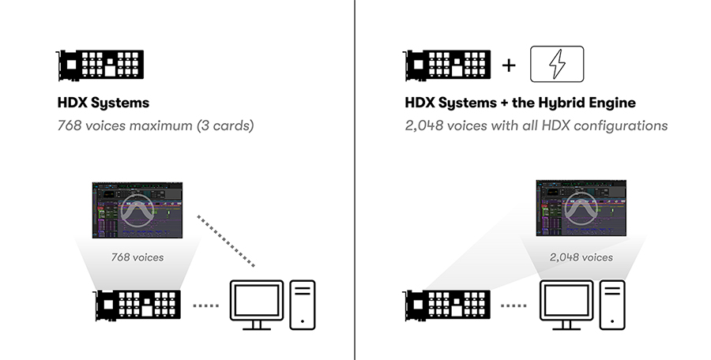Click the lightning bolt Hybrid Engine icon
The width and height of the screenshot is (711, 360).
(557, 64)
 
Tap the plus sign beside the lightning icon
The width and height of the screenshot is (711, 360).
(509, 65)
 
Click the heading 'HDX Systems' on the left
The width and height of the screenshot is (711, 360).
(103, 103)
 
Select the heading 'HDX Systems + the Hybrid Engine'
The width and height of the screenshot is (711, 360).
(520, 103)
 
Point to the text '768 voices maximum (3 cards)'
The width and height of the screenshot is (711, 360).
(155, 125)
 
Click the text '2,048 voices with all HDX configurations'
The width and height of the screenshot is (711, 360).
(536, 125)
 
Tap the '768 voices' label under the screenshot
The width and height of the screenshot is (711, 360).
(137, 257)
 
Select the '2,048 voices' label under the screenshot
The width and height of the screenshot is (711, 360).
(581, 257)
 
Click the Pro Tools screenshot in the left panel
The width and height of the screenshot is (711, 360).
(137, 210)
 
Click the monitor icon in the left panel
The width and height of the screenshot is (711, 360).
(255, 303)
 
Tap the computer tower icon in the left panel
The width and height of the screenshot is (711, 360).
(302, 304)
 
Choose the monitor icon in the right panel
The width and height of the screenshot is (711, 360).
(566, 303)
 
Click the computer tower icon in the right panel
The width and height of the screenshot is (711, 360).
(612, 304)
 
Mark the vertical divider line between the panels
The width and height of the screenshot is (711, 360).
(355, 180)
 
